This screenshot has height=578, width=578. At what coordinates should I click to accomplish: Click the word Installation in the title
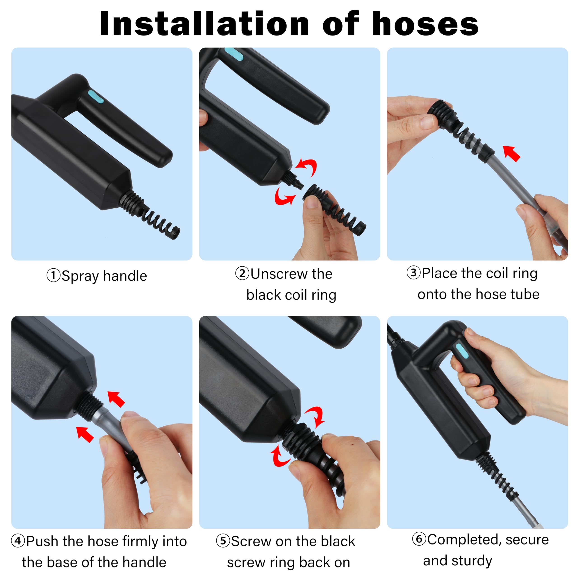click(x=204, y=24)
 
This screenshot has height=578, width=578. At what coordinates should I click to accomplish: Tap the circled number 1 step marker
click(x=54, y=275)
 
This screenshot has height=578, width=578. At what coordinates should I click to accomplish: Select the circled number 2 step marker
click(x=242, y=273)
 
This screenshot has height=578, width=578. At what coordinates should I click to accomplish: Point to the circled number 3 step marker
click(x=413, y=273)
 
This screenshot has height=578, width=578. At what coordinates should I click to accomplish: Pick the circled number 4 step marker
click(x=18, y=541)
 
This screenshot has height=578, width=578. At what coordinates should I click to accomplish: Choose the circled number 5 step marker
click(x=223, y=541)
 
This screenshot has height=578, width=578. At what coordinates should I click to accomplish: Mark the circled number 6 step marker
click(x=419, y=539)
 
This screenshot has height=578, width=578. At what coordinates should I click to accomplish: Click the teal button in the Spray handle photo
click(x=96, y=97)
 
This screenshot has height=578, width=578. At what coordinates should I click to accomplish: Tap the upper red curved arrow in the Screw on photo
click(x=315, y=417)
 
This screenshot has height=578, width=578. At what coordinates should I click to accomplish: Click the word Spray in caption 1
click(x=80, y=276)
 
